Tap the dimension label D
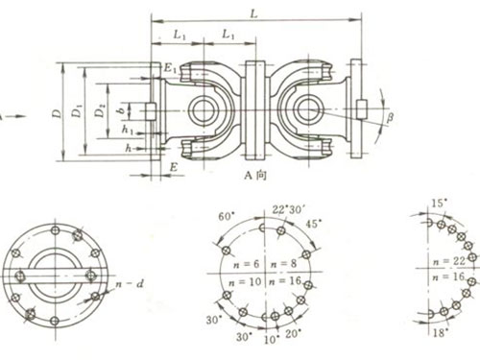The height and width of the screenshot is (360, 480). [x=59, y=113]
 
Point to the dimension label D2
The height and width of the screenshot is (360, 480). [x=100, y=113]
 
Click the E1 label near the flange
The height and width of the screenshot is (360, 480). [x=169, y=69]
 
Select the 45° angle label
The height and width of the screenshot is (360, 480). [x=313, y=223]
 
